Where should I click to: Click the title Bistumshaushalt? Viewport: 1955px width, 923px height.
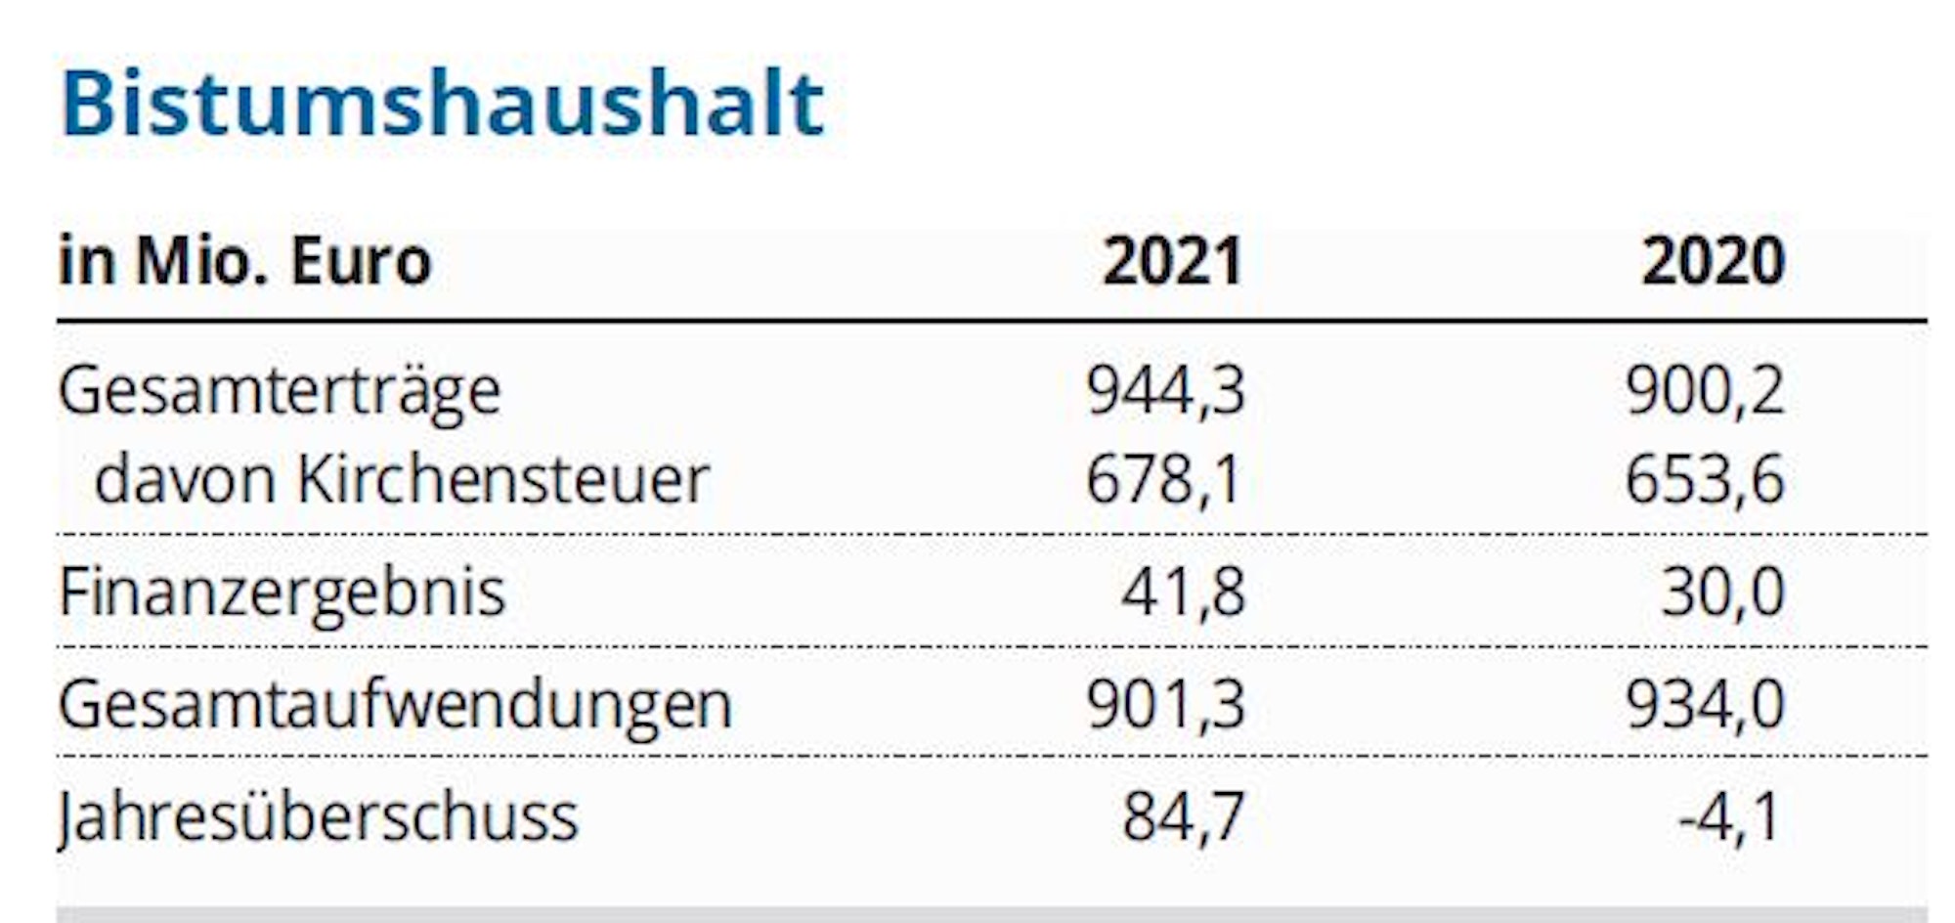pos(442,104)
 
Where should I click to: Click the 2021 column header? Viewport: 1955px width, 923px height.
pos(1172,262)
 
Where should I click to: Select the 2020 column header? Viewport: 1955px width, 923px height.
pos(1713,262)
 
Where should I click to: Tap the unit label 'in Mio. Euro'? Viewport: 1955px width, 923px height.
pos(244,262)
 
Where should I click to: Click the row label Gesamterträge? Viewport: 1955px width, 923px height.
pos(280,391)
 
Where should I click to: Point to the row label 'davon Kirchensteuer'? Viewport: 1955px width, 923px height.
pos(401,480)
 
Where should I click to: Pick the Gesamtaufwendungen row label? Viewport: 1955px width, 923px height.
pos(395,705)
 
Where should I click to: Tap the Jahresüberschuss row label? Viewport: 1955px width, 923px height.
pos(319,817)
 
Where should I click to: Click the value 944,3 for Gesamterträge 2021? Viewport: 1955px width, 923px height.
pos(1165,391)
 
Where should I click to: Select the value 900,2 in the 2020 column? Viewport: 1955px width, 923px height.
pos(1705,391)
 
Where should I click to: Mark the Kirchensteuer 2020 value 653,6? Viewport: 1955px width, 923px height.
pos(1705,480)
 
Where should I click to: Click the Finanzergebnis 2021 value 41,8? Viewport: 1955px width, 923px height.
pos(1183,593)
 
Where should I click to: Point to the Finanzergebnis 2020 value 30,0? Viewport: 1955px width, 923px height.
pos(1722,593)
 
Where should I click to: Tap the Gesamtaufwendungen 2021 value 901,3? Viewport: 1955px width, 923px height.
pos(1165,704)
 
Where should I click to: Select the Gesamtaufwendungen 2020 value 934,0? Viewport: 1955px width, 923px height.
pos(1705,704)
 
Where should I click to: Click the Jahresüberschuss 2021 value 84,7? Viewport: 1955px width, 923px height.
pos(1183,817)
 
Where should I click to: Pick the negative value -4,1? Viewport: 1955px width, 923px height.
pos(1728,817)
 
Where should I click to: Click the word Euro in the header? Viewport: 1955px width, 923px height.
pos(361,262)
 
